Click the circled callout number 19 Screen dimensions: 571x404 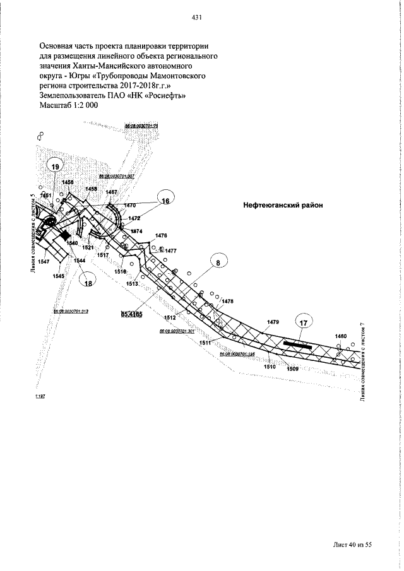point(56,166)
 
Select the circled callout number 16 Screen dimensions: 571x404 point(165,201)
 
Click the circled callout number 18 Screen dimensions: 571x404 point(88,283)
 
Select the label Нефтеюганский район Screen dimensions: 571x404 point(283,205)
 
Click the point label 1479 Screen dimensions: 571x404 point(272,322)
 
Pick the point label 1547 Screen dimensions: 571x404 point(44,261)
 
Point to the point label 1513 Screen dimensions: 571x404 point(132,284)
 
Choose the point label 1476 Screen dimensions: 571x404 point(161,235)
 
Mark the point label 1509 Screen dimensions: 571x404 point(293,369)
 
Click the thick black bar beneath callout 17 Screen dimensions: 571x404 point(296,344)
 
